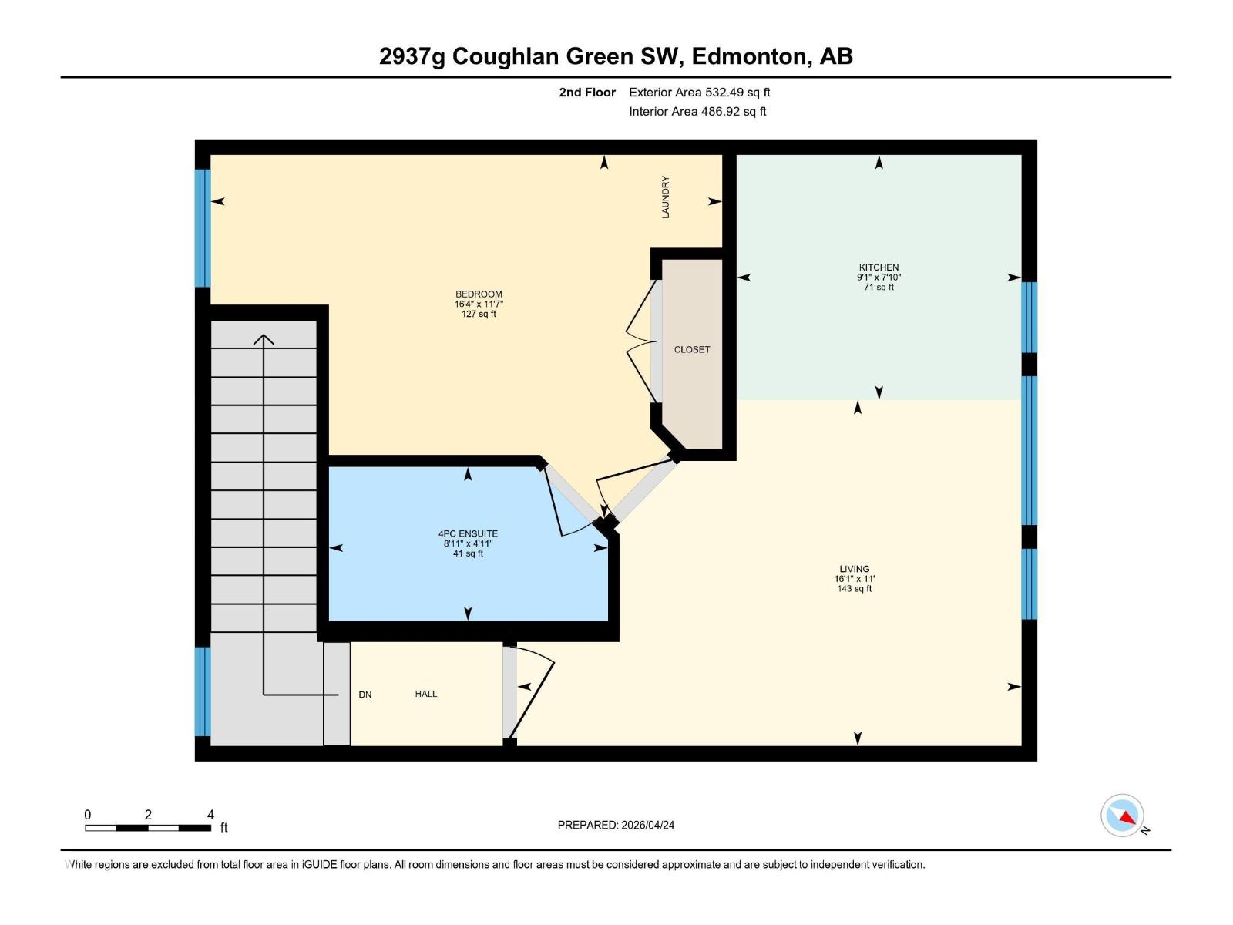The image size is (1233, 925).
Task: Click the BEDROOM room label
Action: [479, 294]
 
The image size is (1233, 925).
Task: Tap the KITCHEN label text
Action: [879, 267]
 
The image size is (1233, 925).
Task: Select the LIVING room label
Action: [854, 569]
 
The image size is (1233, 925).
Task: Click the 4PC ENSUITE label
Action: [468, 533]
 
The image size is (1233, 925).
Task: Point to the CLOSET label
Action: [691, 349]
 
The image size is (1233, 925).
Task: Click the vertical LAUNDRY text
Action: [666, 197]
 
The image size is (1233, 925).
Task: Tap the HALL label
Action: [425, 694]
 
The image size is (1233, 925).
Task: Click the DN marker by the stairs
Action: [365, 695]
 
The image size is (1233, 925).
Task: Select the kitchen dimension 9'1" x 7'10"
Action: [879, 277]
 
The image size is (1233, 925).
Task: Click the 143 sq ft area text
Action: [854, 589]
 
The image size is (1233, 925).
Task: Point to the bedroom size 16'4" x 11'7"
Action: [479, 304]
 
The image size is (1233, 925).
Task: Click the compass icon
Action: [1122, 816]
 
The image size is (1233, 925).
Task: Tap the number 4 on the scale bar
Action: [210, 815]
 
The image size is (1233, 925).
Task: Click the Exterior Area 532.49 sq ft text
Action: [699, 92]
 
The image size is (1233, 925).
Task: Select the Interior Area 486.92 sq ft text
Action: [697, 112]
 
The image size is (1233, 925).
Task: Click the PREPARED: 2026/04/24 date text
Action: [616, 825]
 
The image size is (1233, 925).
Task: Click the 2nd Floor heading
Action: [587, 92]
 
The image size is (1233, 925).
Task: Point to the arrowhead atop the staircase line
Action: [264, 338]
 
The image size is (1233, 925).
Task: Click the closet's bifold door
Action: [640, 339]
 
